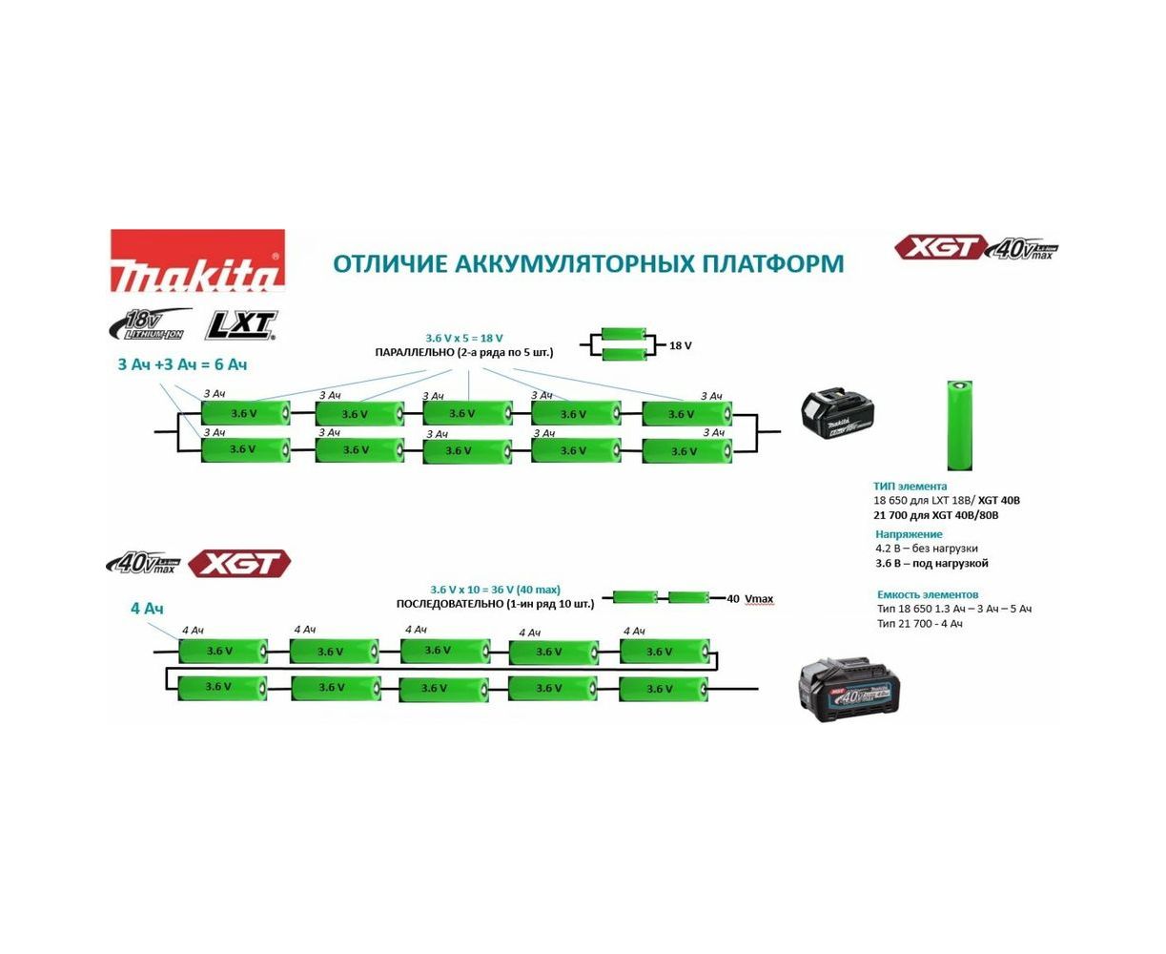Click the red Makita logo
197,259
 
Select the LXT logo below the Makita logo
241,325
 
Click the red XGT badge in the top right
940,248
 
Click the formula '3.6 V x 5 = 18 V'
464,338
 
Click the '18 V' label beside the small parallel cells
681,345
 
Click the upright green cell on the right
959,425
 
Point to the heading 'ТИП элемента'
910,486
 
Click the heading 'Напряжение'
909,534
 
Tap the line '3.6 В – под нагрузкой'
931,563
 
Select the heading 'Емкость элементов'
927,594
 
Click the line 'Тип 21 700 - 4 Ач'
920,623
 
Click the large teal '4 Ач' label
147,608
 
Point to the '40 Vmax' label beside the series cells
749,599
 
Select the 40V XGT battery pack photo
849,687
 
